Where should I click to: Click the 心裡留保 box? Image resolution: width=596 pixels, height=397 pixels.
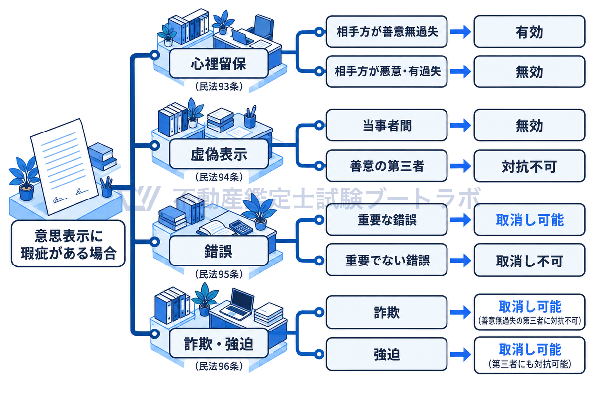219,64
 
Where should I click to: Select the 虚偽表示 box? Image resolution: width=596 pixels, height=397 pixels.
219,154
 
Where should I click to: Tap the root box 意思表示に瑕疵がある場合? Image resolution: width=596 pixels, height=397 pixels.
68,244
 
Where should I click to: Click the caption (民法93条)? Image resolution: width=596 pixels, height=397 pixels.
219,86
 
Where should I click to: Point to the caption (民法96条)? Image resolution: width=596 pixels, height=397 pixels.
219,366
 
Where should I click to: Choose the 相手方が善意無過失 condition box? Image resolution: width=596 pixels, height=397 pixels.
386,32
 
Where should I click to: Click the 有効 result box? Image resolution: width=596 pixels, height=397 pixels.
529,32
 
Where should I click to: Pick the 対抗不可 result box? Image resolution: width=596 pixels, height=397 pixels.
529,166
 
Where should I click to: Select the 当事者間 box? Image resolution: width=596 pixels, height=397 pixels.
386,125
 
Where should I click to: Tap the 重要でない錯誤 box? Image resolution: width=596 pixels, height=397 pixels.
386,260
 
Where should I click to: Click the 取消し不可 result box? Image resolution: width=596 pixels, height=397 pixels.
529,261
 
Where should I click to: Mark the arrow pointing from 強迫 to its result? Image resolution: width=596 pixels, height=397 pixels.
460,354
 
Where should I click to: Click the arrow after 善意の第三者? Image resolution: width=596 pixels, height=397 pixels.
460,166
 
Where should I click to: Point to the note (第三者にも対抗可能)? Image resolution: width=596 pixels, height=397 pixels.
529,364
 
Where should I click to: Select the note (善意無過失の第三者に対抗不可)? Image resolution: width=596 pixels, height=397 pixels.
529,321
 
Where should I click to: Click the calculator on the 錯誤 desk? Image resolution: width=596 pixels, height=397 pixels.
241,227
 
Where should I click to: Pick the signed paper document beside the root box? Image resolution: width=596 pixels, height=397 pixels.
65,166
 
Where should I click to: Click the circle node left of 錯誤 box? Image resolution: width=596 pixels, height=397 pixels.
154,242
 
